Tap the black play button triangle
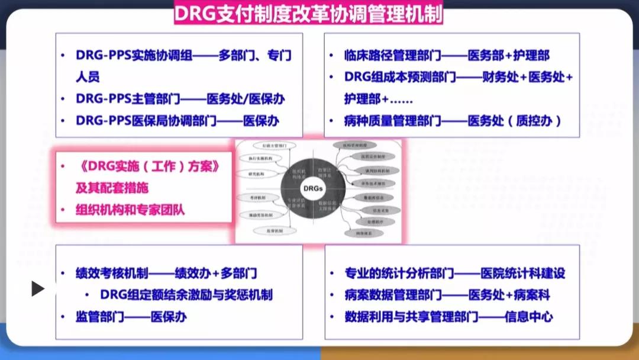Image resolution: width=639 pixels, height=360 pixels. click(x=37, y=288)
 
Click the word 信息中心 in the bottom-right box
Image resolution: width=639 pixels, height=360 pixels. click(x=529, y=317)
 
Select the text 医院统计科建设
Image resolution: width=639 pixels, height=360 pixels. click(x=523, y=274)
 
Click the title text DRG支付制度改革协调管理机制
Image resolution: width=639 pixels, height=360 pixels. click(x=308, y=14)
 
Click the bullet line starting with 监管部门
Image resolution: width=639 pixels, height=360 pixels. click(x=131, y=317)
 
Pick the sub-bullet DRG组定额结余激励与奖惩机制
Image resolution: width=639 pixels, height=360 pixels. click(x=186, y=295)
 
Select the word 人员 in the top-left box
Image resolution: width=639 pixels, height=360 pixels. click(x=87, y=77)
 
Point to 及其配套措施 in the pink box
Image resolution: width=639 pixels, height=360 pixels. click(x=112, y=188)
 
